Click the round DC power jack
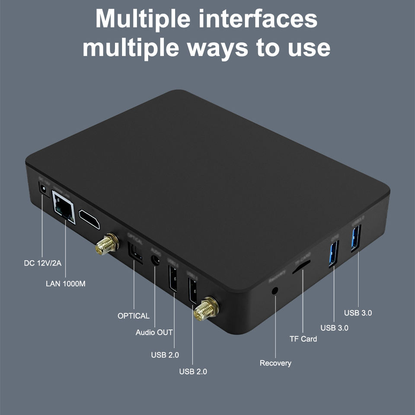pyautogui.click(x=43, y=189)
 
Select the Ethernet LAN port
pyautogui.click(x=64, y=207)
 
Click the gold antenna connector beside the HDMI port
pyautogui.click(x=106, y=245)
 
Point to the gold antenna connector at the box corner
pyautogui.click(x=206, y=309)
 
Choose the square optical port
pyautogui.click(x=135, y=253)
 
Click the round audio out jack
pyautogui.click(x=155, y=260)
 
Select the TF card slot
pyautogui.click(x=301, y=268)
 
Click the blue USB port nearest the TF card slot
pyautogui.click(x=334, y=253)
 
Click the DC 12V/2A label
pyautogui.click(x=42, y=263)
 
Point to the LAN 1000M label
pyautogui.click(x=66, y=284)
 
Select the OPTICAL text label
pyautogui.click(x=134, y=316)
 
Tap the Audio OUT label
pyautogui.click(x=154, y=332)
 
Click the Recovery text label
pyautogui.click(x=275, y=363)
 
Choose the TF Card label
pyautogui.click(x=303, y=339)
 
